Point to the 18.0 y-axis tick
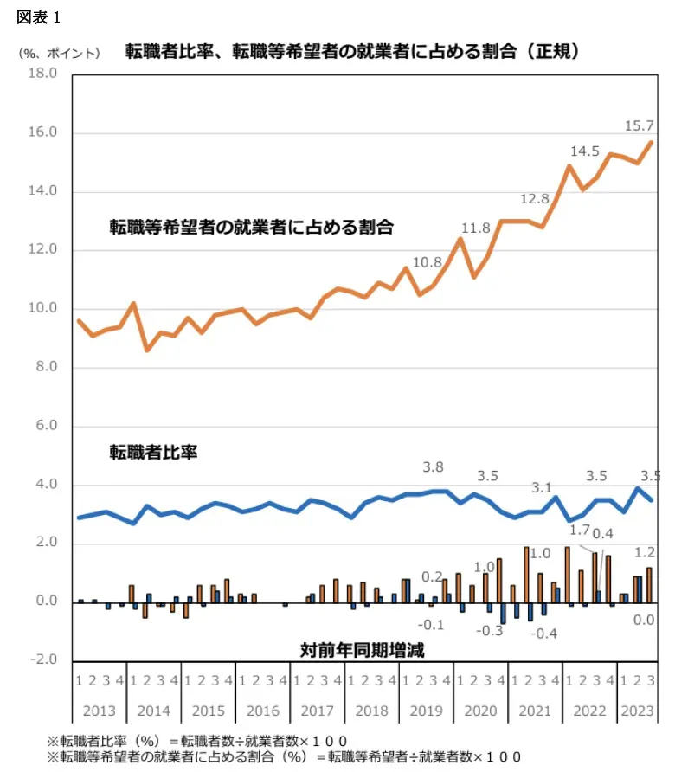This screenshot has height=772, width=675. tap(42, 74)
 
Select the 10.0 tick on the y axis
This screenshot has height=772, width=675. tap(42, 309)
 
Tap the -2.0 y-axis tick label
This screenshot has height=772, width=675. tap(42, 660)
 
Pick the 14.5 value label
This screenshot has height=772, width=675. tap(585, 151)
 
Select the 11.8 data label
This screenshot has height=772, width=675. tap(475, 228)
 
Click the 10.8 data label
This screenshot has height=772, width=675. tap(427, 262)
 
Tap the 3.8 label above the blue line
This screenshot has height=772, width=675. tap(433, 467)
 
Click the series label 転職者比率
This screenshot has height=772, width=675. tap(154, 452)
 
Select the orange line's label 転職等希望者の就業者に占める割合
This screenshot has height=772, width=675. tap(251, 228)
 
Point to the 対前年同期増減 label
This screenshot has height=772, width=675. tap(362, 647)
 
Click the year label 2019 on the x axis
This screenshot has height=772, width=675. tap(426, 711)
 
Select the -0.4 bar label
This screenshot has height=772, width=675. tap(544, 634)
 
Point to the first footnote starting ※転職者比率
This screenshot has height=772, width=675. tap(198, 741)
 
